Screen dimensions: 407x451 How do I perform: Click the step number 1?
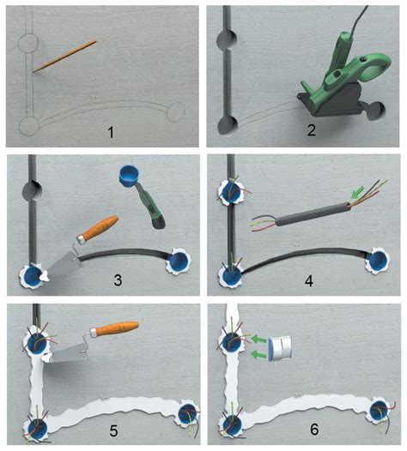(x=111, y=133)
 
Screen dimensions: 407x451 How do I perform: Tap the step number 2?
(x=311, y=131)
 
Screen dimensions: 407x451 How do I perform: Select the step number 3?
(x=118, y=280)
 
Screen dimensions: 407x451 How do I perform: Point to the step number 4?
(x=309, y=280)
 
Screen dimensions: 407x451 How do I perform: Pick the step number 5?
(x=113, y=431)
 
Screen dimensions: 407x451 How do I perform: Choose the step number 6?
(x=314, y=430)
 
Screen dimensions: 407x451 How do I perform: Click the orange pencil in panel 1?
(x=64, y=57)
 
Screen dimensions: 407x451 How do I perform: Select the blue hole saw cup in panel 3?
(x=129, y=176)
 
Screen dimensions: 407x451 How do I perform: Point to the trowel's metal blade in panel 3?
(x=60, y=265)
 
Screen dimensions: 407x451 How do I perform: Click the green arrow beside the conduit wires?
(x=357, y=192)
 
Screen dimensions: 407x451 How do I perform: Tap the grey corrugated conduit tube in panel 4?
(x=313, y=214)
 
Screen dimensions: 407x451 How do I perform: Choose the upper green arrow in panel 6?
(x=258, y=340)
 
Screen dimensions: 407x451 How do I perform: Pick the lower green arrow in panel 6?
(x=258, y=355)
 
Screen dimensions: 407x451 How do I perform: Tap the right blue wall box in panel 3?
(x=178, y=262)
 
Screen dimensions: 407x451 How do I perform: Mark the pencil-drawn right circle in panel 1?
(x=176, y=112)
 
